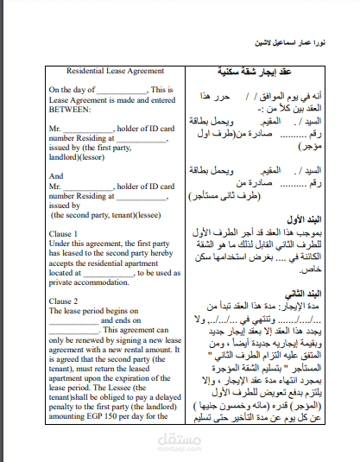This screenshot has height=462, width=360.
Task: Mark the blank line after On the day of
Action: click(121, 91)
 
